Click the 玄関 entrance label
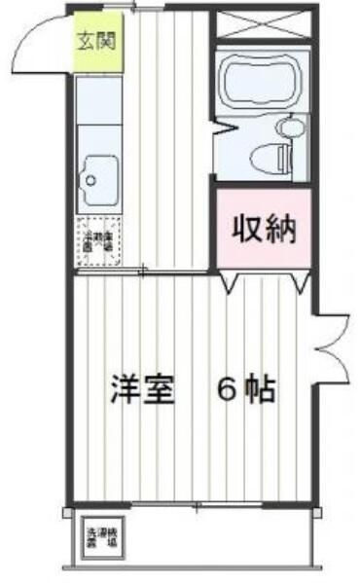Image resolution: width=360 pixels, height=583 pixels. coord(95,43)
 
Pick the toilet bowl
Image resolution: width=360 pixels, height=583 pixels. coord(265,155)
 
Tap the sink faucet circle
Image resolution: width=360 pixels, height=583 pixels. coord(88,179)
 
